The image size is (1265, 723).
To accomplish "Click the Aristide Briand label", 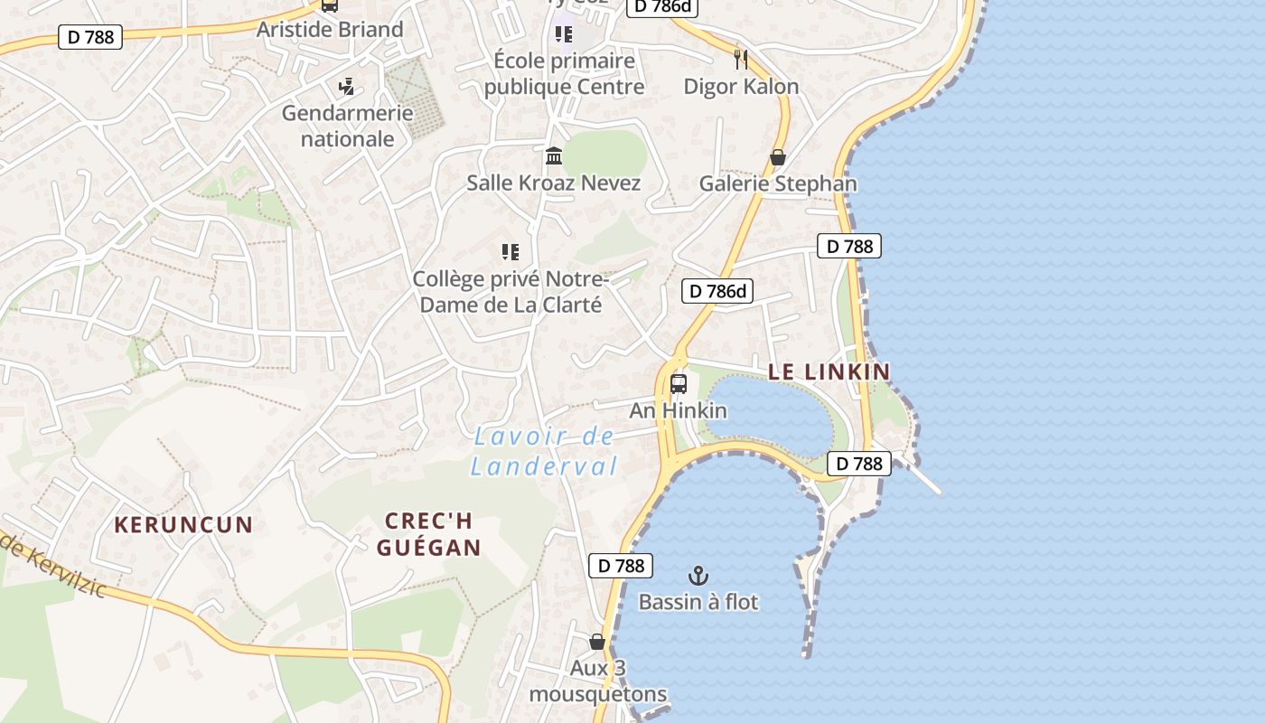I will (x=330, y=29).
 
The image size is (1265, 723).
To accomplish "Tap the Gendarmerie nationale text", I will (x=347, y=126).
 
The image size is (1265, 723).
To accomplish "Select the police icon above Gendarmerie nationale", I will (x=346, y=87).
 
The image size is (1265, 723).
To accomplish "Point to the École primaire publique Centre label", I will (x=565, y=73).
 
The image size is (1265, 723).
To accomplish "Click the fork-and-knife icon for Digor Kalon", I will (x=741, y=60).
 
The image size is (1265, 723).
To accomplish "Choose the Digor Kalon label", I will (x=741, y=87).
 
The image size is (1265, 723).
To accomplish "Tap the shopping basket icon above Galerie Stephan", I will (x=778, y=157).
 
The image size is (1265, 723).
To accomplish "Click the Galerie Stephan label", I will (x=778, y=183).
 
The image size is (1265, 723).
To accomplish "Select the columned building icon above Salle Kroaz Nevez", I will (x=554, y=156).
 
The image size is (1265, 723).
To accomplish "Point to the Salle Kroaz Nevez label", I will (x=554, y=183).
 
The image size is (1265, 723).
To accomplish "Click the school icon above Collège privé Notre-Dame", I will (x=511, y=252).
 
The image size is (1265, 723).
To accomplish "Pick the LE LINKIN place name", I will (x=829, y=371).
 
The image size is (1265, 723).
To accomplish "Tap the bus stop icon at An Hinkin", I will (x=679, y=384).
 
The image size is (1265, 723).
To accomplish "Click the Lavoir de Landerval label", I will (x=544, y=452).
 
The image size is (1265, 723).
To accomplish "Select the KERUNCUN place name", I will (x=183, y=525).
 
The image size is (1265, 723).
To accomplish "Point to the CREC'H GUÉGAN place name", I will (x=429, y=534).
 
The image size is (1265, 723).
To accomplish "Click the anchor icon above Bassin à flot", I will (x=698, y=576).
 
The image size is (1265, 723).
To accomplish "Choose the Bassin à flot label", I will (x=698, y=602).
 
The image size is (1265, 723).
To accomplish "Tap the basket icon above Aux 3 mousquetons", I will (x=597, y=642).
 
